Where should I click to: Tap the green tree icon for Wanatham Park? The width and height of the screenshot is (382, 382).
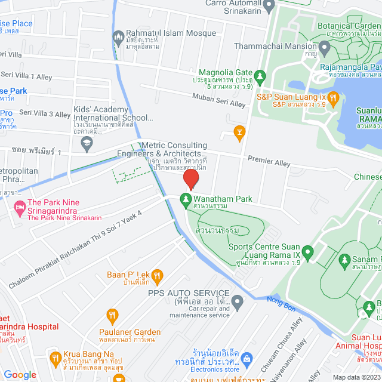click(x=185, y=199)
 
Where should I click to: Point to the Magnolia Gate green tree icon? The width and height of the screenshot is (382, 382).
click(x=260, y=76)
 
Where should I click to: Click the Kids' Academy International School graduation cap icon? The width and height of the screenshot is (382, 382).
click(x=87, y=143)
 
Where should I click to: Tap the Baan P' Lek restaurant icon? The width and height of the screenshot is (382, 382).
click(x=157, y=275)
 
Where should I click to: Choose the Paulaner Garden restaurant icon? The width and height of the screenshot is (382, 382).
click(x=112, y=315)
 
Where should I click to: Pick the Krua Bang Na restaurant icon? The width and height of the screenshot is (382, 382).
click(x=56, y=359)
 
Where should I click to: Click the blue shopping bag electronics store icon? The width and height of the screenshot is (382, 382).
click(x=248, y=359)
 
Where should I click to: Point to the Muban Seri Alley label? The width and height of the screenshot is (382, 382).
click(x=218, y=100)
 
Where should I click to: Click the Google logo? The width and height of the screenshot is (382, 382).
click(x=20, y=374)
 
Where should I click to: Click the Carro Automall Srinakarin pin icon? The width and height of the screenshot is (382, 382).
click(x=269, y=6)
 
